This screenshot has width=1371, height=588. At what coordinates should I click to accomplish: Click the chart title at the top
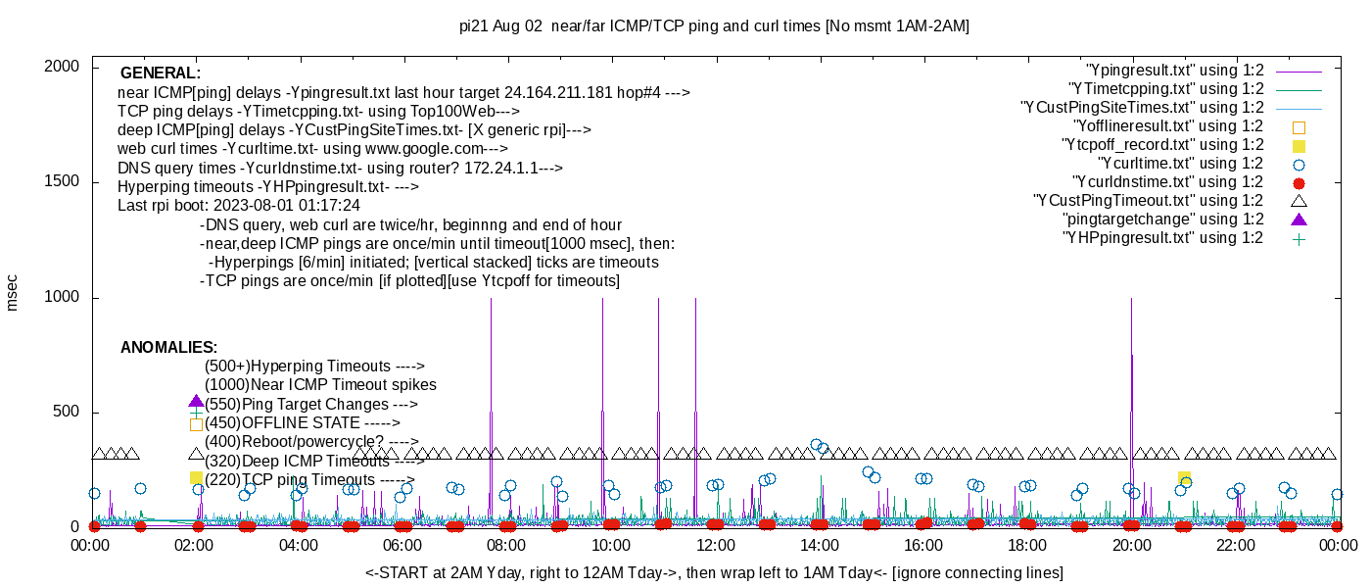point(714,26)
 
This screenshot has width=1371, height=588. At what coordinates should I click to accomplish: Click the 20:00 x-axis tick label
point(1131,546)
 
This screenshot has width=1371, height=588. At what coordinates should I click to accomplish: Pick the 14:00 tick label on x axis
point(820,546)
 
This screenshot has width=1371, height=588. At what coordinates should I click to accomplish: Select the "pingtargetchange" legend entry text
point(1162,220)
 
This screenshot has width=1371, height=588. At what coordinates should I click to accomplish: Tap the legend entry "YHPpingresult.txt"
point(1162,238)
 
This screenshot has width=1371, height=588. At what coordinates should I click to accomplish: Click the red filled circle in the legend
point(1299,182)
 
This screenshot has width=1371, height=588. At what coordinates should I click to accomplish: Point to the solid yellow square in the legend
point(1299,145)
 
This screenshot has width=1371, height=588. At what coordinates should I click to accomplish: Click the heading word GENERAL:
point(161,73)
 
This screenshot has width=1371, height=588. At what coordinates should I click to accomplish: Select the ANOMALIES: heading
point(168,348)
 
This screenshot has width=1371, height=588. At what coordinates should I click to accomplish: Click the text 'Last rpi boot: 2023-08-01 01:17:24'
point(239,206)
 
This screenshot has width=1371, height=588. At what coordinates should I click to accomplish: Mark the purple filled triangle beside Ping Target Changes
point(196,402)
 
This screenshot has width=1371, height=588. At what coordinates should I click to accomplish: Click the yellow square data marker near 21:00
point(1184,477)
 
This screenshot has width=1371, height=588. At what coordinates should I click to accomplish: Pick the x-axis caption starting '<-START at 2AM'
point(714,572)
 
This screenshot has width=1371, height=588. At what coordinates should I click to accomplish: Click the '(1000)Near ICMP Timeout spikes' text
point(320,385)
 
